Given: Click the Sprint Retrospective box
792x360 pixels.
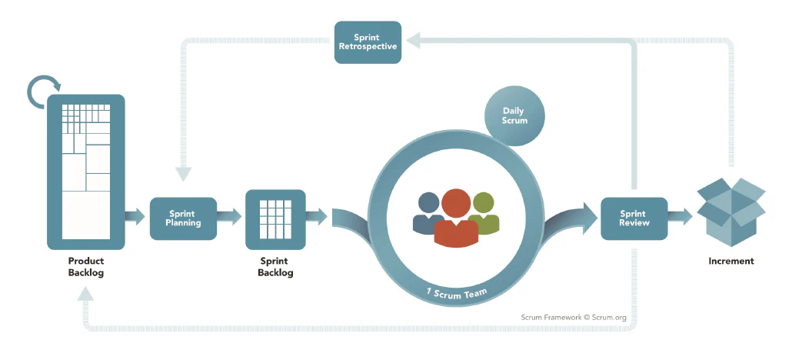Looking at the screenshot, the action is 368,42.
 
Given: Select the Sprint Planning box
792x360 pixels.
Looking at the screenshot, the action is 183,218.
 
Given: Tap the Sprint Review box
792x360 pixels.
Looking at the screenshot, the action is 634,218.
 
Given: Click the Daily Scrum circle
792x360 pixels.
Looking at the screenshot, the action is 514,116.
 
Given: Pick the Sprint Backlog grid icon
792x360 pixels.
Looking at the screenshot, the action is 275,219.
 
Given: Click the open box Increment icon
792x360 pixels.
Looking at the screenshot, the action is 731,212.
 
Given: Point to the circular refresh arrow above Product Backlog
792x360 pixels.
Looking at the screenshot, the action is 43,92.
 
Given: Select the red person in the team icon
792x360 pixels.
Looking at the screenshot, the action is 456,218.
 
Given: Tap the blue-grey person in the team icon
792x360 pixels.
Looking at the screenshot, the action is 428,212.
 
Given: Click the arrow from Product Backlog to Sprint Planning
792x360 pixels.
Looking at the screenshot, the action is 135,217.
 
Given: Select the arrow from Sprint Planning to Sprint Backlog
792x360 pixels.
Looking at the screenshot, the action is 229,217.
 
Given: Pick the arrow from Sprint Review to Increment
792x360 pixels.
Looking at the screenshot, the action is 680,217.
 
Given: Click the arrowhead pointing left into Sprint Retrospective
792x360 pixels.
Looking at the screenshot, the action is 413,41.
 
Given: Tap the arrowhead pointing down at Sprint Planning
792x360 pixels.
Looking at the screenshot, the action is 183,175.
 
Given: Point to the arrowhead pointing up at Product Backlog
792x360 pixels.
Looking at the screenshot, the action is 86,294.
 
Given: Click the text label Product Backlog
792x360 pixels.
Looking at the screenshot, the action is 86,267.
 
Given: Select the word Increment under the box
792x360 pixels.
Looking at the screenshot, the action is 731,262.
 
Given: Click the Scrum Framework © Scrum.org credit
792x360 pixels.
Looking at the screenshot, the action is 574,318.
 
